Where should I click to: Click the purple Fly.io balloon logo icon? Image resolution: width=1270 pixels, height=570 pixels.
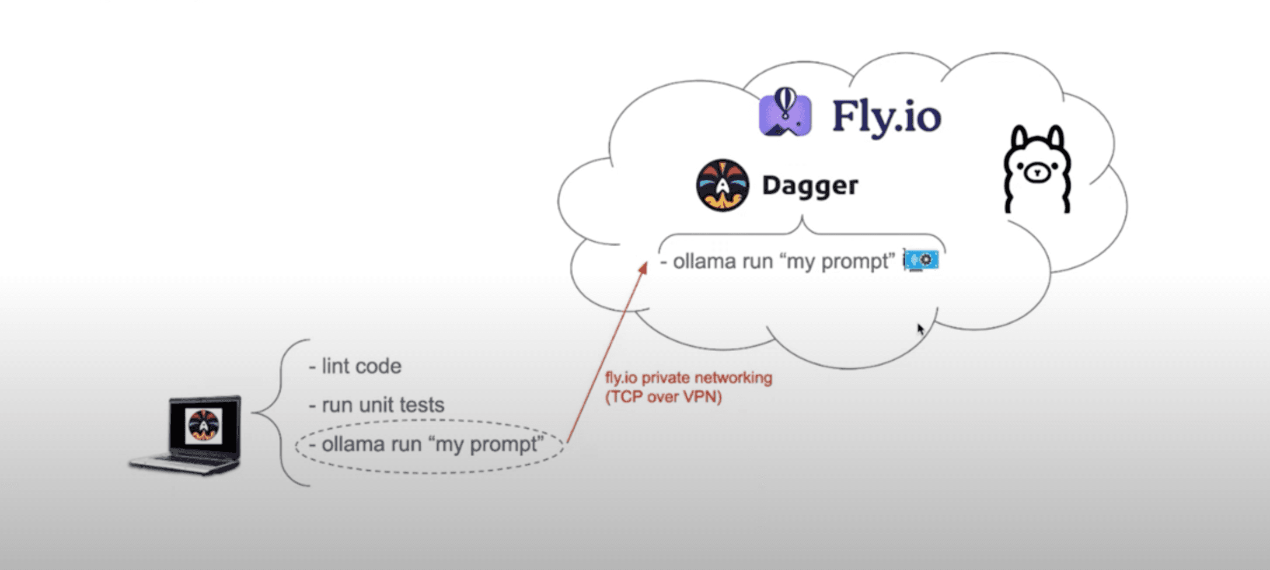click(x=785, y=113)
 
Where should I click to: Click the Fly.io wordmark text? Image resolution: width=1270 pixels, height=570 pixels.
click(x=886, y=117)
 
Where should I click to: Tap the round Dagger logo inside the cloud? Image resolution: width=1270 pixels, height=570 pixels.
click(x=723, y=185)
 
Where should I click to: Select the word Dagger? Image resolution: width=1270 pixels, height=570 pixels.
click(x=810, y=186)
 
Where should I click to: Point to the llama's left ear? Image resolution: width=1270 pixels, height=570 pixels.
click(x=1019, y=138)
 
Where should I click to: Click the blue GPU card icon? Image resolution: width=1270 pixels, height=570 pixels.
click(x=922, y=260)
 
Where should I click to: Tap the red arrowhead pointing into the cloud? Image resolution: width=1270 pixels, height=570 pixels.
click(x=643, y=268)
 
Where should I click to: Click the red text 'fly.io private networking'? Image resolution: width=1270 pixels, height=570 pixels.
click(x=689, y=377)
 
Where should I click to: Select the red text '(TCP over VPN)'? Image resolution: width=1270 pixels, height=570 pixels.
click(x=664, y=397)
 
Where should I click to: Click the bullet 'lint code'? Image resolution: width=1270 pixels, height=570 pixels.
click(x=355, y=366)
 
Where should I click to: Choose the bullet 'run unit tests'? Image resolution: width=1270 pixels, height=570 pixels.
click(x=377, y=405)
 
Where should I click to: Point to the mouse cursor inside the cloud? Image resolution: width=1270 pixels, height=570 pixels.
click(x=920, y=329)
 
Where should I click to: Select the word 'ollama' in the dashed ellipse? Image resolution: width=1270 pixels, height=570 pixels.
click(x=354, y=445)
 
